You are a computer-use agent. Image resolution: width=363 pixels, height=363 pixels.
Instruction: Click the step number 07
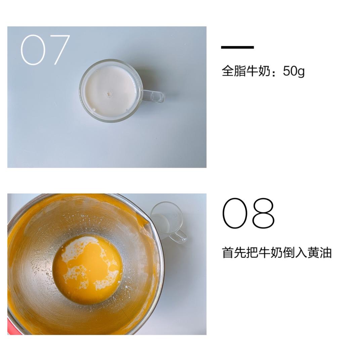45,50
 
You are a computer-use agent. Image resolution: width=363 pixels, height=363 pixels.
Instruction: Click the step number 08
248,213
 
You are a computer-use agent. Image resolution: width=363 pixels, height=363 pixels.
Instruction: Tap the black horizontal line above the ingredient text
237,47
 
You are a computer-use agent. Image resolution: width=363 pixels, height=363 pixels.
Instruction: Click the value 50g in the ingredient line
294,71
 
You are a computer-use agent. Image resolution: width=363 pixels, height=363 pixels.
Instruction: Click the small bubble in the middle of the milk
109,94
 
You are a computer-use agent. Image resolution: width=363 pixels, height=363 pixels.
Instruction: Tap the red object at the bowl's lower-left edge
9,326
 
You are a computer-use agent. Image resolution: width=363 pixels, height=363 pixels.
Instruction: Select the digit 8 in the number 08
263,213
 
